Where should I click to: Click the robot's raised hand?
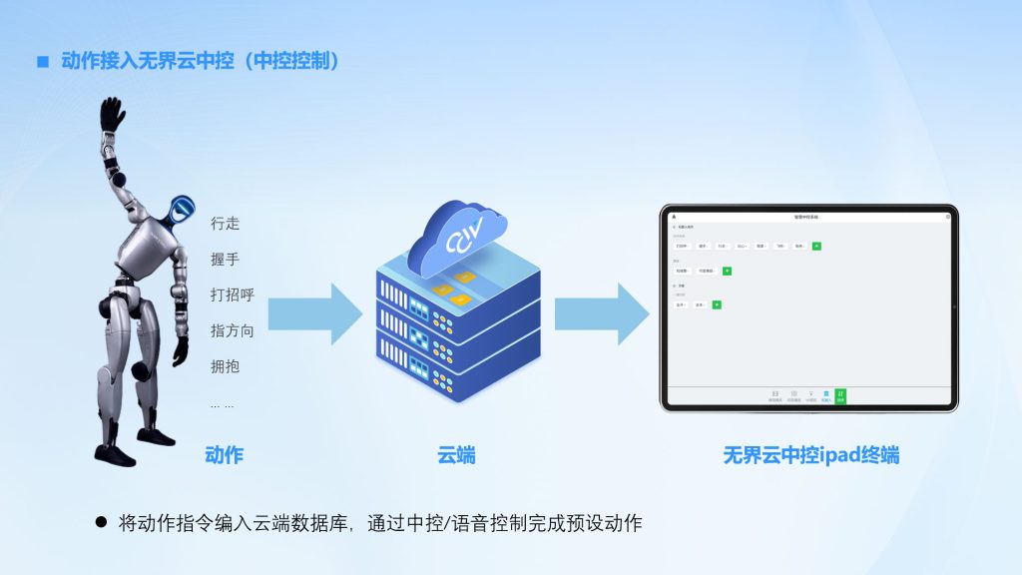point(113,116)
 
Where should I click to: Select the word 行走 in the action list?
point(226,224)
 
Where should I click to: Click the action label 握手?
point(226,260)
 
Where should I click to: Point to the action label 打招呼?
point(233,295)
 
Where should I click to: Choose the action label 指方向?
point(233,330)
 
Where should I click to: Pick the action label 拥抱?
point(226,366)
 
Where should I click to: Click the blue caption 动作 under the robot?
point(224,455)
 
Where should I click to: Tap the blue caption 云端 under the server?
point(456,455)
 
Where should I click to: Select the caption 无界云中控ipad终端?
point(810,455)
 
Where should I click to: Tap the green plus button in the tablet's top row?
point(816,246)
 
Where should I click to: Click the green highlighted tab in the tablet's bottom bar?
point(840,396)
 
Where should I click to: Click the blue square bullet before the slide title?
point(43,62)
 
